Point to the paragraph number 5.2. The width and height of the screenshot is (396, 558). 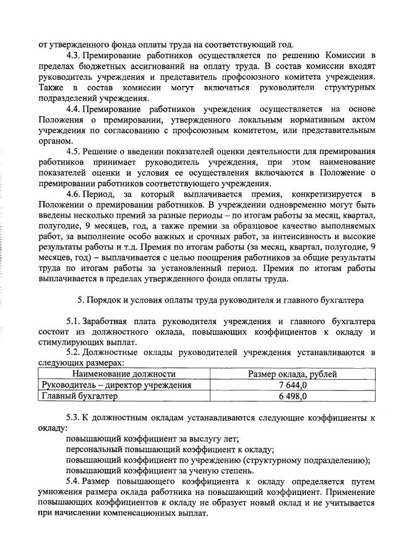point(75,353)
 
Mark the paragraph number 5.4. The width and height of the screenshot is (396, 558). point(75,481)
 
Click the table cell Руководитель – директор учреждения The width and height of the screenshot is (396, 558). point(116,385)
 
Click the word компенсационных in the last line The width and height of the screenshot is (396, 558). point(140,513)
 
